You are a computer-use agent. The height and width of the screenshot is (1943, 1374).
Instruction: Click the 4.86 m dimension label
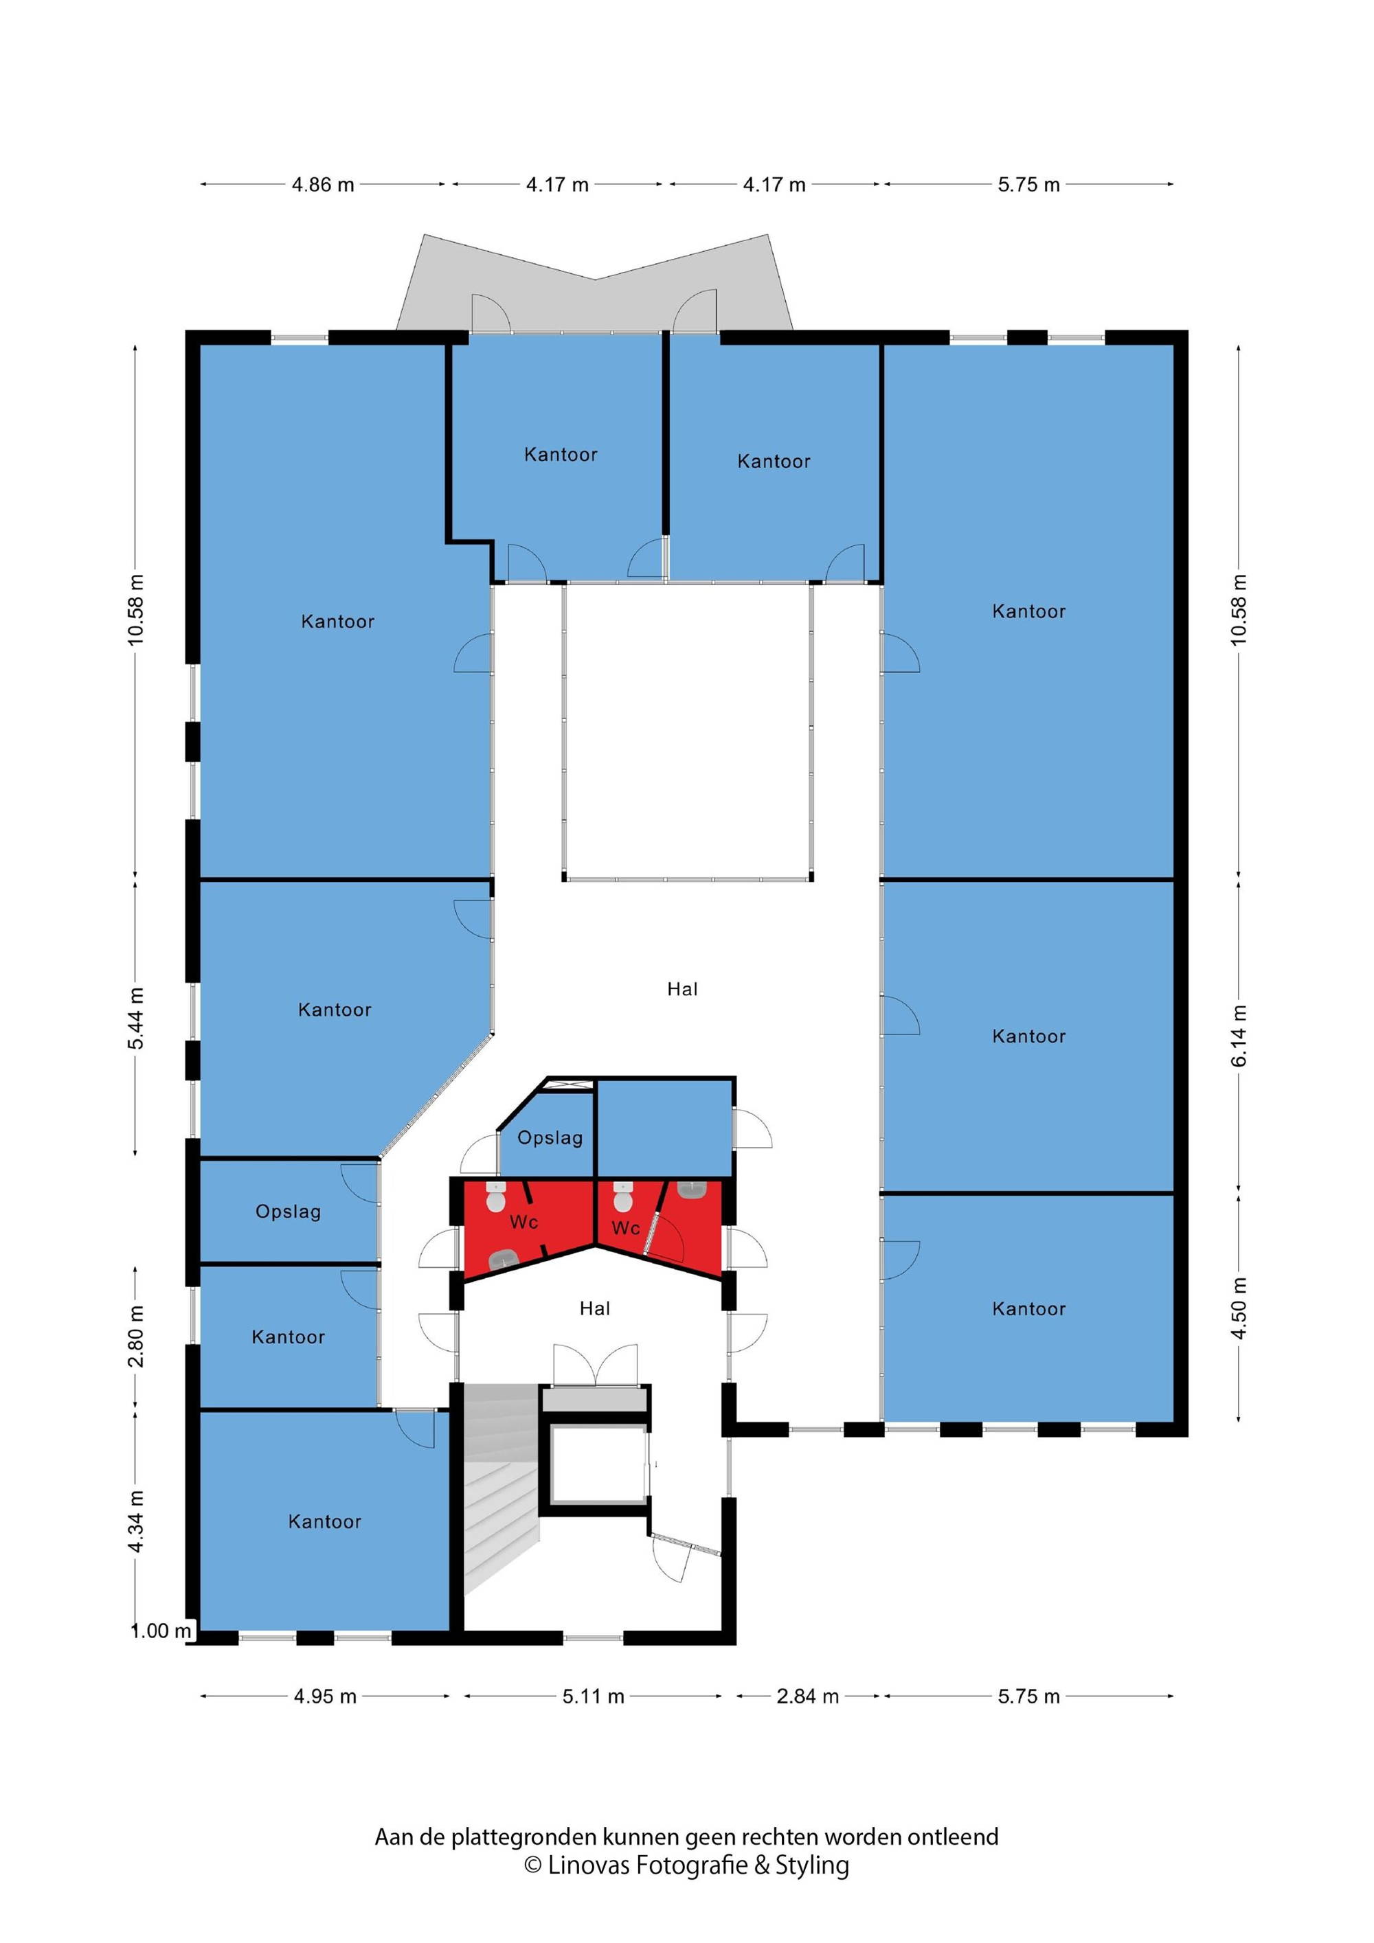click(323, 185)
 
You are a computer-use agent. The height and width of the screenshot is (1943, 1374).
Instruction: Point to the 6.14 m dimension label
click(1239, 1036)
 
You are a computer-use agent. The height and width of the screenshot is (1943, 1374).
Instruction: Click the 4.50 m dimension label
click(1239, 1308)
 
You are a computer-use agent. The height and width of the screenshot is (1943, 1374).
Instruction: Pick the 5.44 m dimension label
click(135, 1018)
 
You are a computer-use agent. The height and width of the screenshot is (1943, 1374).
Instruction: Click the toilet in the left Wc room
click(495, 1197)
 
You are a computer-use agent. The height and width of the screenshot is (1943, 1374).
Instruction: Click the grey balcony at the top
click(595, 284)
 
